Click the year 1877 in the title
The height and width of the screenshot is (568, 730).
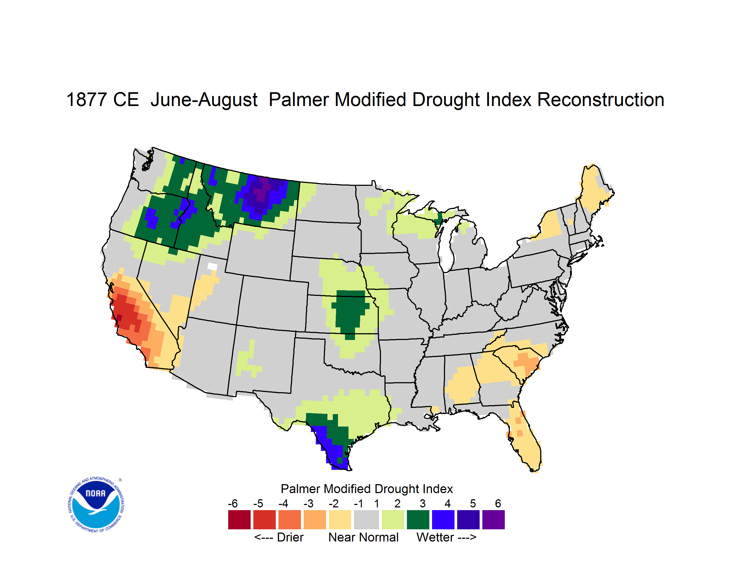86,100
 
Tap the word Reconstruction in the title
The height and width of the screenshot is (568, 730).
601,100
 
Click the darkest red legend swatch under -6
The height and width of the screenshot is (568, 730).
239,520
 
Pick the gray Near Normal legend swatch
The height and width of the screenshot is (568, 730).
366,520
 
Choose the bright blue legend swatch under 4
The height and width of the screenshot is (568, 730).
443,520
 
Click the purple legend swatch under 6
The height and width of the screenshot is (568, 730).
493,520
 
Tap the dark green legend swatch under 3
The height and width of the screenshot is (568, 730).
418,520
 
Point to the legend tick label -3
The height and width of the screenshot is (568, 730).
308,503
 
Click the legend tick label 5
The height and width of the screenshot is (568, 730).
473,503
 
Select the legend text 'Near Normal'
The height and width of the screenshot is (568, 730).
363,537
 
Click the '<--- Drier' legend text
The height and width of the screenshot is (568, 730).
279,537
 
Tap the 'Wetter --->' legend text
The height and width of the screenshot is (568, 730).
446,537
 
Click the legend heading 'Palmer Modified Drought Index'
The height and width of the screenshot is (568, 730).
367,489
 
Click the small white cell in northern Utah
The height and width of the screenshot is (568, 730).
212,266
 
